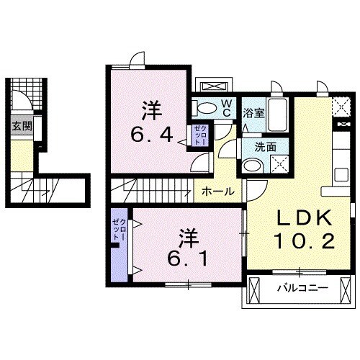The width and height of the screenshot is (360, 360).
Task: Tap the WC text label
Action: pos(225,107)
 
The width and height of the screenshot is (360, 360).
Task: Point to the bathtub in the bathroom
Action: pos(278,116)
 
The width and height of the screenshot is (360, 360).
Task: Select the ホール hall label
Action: pos(217,192)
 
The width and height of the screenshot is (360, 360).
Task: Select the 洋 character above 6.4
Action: pos(150,111)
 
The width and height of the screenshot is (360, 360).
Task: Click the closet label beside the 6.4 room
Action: pos(199,135)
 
